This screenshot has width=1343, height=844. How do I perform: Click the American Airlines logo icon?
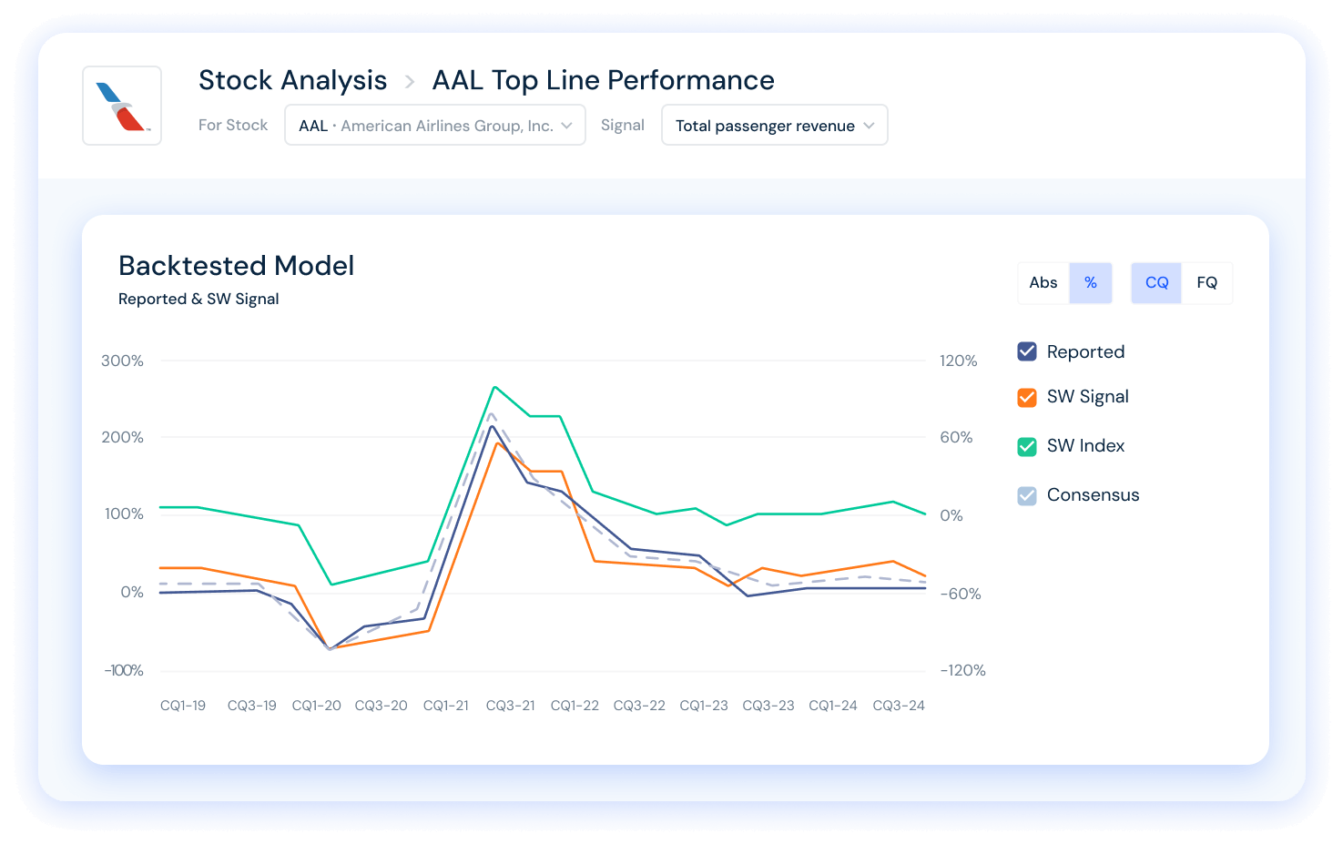point(122,106)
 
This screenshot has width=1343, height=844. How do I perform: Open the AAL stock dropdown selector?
point(434,126)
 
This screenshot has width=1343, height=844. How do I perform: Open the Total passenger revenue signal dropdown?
point(774,126)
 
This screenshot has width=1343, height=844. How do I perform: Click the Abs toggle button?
point(1043,283)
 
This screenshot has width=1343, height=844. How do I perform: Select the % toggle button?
point(1090,283)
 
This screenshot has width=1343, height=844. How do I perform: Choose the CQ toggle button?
point(1156,283)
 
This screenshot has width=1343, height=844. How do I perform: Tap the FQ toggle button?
point(1206,283)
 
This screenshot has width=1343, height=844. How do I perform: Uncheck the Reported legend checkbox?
point(1027,351)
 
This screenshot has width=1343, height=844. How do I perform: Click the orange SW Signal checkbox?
point(1027,397)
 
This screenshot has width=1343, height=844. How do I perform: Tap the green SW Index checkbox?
point(1027,446)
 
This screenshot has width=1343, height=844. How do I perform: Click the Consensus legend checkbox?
point(1027,495)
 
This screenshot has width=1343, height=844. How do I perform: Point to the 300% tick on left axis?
point(123,361)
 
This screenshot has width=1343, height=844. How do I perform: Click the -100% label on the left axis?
point(124,670)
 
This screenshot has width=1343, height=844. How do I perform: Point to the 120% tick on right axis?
point(958,361)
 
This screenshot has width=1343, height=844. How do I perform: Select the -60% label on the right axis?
point(960,594)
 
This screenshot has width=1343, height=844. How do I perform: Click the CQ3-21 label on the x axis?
point(510,706)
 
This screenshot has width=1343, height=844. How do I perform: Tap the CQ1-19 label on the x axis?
point(183,706)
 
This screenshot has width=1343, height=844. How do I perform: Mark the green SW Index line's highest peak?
point(494,387)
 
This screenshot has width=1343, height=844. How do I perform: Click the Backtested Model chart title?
point(236,266)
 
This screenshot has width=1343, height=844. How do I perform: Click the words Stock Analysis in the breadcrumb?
point(292,80)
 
